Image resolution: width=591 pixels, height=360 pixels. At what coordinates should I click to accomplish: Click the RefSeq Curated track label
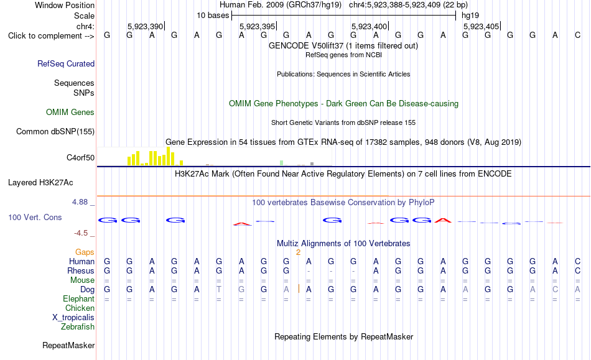[66, 63]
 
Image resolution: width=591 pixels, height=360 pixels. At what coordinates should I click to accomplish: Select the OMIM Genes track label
[70, 112]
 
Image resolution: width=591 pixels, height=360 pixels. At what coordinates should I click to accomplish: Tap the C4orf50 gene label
[81, 157]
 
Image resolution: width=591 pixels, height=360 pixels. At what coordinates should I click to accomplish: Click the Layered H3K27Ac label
[40, 183]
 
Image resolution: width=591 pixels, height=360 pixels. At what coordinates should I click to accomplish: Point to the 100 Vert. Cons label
[35, 217]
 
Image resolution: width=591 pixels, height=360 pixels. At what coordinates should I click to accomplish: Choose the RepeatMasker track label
[68, 345]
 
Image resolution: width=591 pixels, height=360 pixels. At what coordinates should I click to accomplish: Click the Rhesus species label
[81, 270]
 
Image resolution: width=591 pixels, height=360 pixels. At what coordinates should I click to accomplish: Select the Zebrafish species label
[78, 326]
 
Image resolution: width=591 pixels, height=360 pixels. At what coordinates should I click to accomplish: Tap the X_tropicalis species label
[73, 318]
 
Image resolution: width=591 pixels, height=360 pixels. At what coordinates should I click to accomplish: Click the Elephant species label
[79, 298]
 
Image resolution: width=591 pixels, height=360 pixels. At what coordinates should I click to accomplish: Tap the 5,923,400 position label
[369, 26]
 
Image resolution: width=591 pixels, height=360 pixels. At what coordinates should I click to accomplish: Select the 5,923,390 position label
[145, 26]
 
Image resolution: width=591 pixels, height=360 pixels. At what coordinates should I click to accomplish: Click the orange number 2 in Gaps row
[298, 252]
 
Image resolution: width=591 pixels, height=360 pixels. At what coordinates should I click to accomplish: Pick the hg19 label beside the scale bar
[470, 16]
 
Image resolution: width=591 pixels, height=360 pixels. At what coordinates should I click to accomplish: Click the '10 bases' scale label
[213, 16]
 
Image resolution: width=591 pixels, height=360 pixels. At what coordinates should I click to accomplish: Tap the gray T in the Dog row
[219, 289]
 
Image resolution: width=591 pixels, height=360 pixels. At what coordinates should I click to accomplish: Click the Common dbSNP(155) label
[55, 131]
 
